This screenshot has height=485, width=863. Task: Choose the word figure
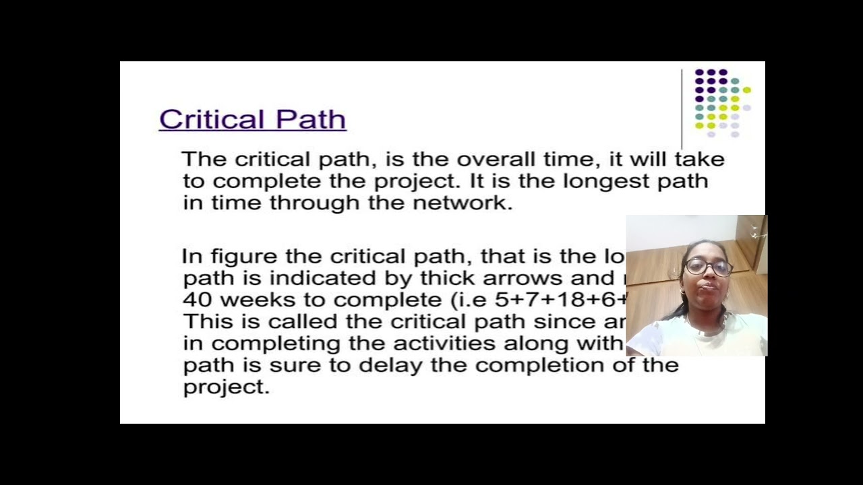click(245, 257)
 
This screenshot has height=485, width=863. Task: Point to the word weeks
click(256, 300)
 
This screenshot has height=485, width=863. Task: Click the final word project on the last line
click(225, 387)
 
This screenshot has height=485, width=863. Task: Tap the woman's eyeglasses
click(709, 267)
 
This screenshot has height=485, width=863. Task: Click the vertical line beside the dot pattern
click(682, 108)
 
